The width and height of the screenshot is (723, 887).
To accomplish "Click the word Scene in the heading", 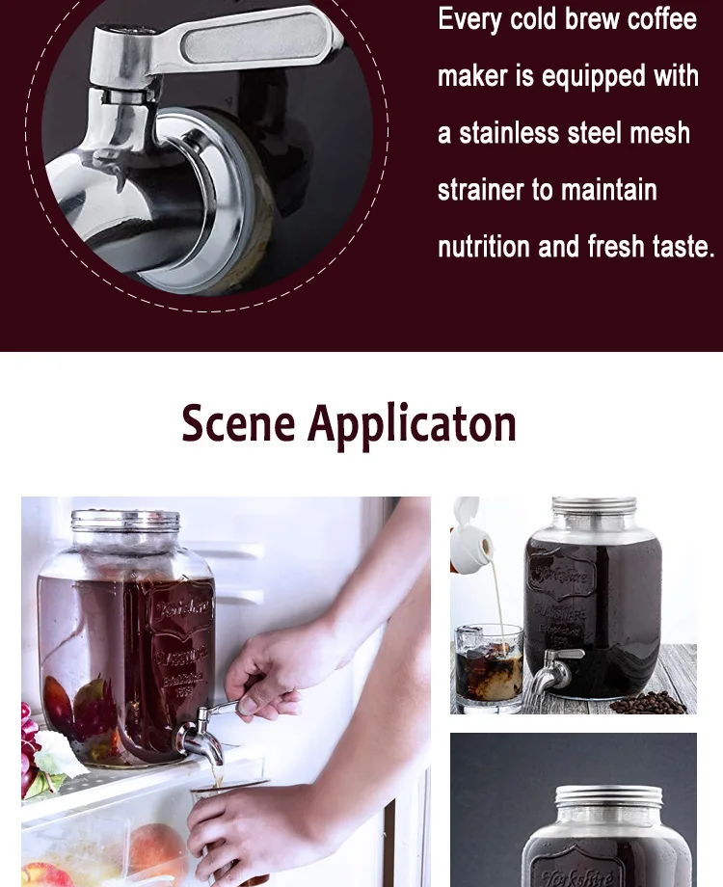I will pyautogui.click(x=238, y=424).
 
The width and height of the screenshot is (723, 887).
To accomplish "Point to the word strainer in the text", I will pyautogui.click(x=481, y=190).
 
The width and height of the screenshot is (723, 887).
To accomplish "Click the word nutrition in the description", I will pyautogui.click(x=484, y=247).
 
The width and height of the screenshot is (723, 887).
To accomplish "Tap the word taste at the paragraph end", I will pyautogui.click(x=678, y=247).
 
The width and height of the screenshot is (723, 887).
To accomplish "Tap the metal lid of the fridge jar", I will pyautogui.click(x=125, y=521).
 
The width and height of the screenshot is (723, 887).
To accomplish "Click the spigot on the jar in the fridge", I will pyautogui.click(x=201, y=739).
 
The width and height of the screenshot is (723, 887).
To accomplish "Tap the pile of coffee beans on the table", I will pyautogui.click(x=649, y=703).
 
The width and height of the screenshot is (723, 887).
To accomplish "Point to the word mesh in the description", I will pyautogui.click(x=659, y=133).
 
